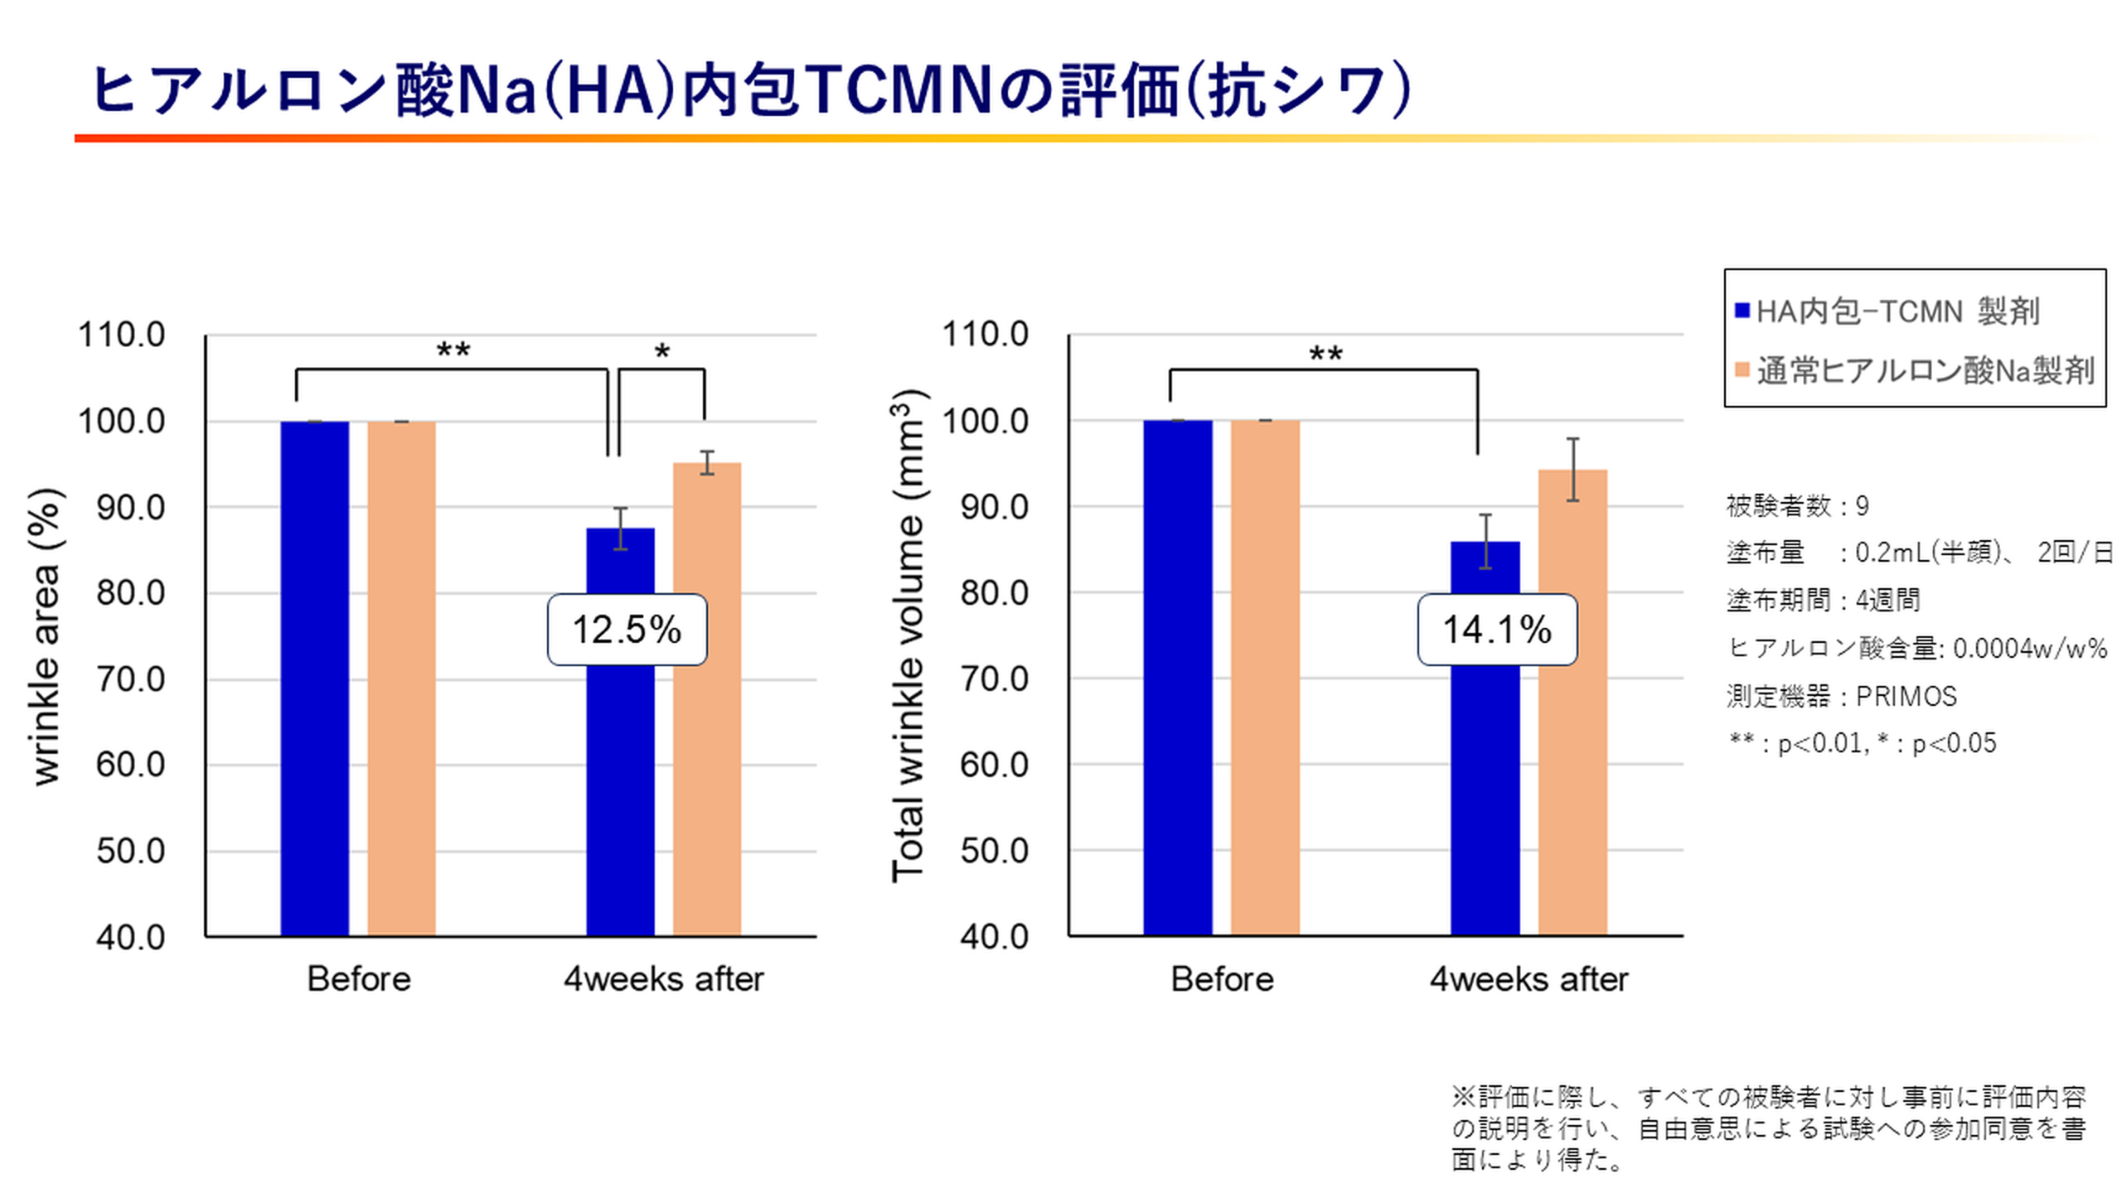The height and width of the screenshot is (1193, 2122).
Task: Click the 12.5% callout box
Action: coord(627,630)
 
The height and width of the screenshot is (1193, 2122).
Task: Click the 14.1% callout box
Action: coord(1497,630)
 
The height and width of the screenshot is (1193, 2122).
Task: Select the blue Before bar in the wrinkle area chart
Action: coord(314,679)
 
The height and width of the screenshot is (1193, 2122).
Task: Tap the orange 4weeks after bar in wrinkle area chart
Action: coord(707,699)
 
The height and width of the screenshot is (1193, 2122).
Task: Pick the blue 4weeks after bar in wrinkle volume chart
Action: coord(1485,738)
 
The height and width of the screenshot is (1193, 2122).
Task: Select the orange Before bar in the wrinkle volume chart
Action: coord(1265,679)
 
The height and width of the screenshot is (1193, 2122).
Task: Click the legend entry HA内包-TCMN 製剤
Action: coord(1887,312)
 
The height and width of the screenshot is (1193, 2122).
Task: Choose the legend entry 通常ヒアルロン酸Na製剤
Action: coord(1915,370)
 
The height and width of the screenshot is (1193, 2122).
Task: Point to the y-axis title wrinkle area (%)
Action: coord(46,636)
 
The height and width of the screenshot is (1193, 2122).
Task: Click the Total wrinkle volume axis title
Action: coord(908,636)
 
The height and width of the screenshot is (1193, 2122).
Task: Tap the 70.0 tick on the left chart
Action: coord(130,679)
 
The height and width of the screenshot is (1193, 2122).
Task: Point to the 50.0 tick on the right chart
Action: coord(994,851)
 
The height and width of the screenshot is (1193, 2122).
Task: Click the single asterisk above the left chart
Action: coord(661,352)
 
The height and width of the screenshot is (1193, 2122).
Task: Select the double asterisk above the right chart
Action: coord(1325,354)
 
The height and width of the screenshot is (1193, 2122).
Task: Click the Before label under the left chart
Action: coord(359,979)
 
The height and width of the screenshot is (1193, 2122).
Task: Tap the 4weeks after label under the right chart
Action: coord(1529,979)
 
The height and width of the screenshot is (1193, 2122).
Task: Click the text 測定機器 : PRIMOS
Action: coord(1842,696)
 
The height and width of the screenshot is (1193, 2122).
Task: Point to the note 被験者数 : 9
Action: coord(1797,505)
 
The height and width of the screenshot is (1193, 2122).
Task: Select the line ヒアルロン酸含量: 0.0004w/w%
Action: coord(1917,648)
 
